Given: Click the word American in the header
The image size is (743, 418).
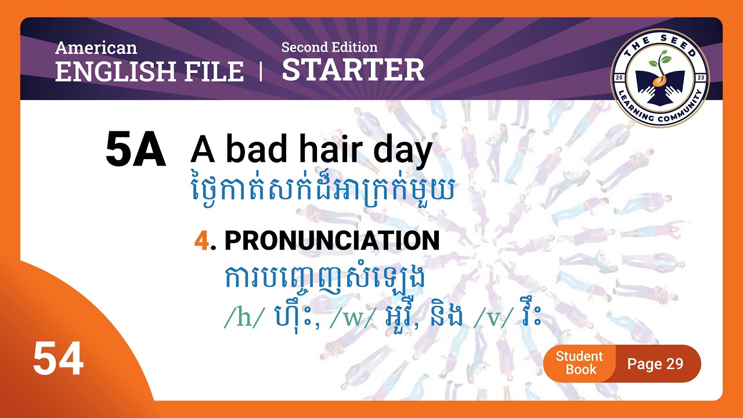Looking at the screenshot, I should click(x=96, y=48).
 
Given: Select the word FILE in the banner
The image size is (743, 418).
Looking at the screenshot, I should click(x=218, y=71).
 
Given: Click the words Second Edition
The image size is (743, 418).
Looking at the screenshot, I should click(x=329, y=47).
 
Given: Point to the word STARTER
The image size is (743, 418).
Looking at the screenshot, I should click(x=353, y=70).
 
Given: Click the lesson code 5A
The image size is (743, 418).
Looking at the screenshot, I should click(x=135, y=151).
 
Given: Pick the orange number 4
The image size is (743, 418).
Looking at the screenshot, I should click(x=201, y=241).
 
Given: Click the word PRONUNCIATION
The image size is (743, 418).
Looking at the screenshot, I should click(x=331, y=241).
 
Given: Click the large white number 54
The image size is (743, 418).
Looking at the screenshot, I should click(x=58, y=359).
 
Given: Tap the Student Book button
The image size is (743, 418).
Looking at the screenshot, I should click(x=579, y=363).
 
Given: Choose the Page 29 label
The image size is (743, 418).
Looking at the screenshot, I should click(x=655, y=364).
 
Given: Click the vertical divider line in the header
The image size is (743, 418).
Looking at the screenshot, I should click(x=261, y=71).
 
